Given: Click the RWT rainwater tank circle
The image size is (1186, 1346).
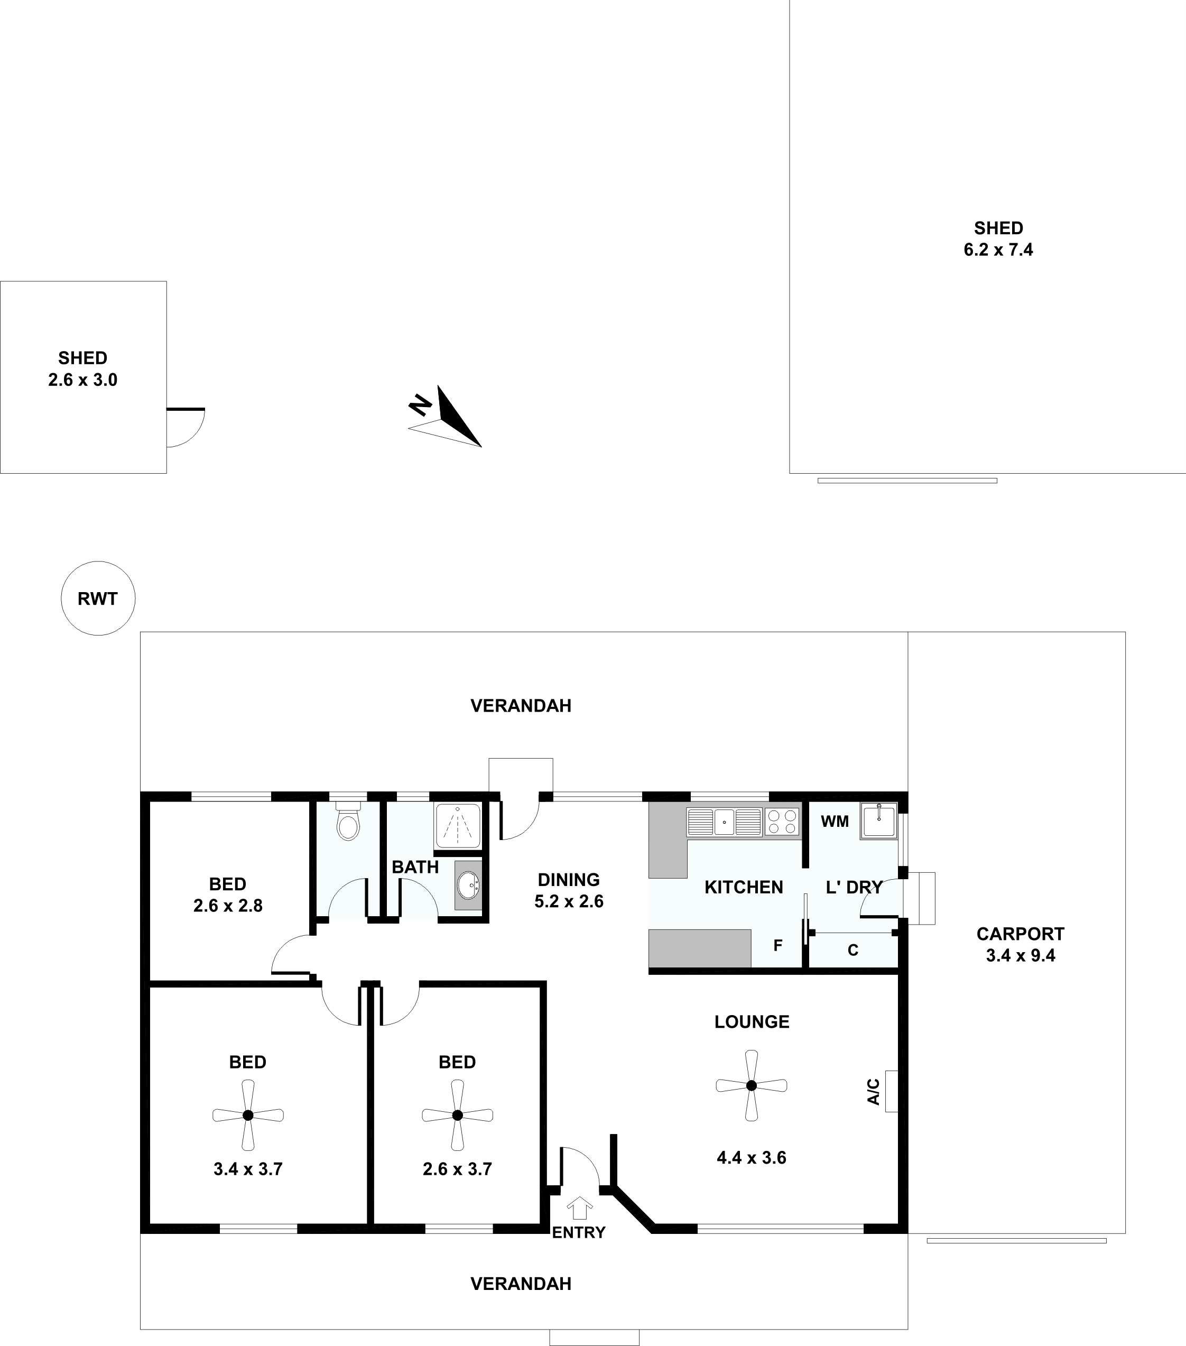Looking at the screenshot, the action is pyautogui.click(x=98, y=598).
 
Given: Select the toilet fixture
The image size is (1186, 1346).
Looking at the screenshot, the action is pyautogui.click(x=348, y=820).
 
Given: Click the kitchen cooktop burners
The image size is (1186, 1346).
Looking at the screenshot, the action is pyautogui.click(x=782, y=823).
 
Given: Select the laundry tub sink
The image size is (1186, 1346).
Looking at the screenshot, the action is pyautogui.click(x=878, y=820).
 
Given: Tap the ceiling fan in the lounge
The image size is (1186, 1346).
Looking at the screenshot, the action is pyautogui.click(x=752, y=1085).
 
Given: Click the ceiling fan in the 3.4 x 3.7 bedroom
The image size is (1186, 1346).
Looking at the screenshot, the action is pyautogui.click(x=248, y=1115).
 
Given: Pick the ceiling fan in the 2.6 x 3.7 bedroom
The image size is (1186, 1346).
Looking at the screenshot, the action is pyautogui.click(x=457, y=1115).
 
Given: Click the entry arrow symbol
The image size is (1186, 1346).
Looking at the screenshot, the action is pyautogui.click(x=580, y=1209).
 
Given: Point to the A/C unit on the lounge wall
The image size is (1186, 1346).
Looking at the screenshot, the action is pyautogui.click(x=892, y=1091).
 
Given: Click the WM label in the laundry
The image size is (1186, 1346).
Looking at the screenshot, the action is pyautogui.click(x=835, y=821).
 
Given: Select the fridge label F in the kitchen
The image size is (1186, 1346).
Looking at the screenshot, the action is pyautogui.click(x=778, y=946).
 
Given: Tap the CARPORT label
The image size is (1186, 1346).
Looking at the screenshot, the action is pyautogui.click(x=1020, y=934).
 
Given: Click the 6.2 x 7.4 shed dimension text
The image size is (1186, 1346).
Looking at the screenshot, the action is pyautogui.click(x=998, y=250).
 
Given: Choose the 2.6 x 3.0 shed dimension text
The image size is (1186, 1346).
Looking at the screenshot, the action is pyautogui.click(x=83, y=380).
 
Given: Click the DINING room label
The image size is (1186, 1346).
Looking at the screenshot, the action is pyautogui.click(x=569, y=880).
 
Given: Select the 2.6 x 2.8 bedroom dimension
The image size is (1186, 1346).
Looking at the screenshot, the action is pyautogui.click(x=228, y=906).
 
